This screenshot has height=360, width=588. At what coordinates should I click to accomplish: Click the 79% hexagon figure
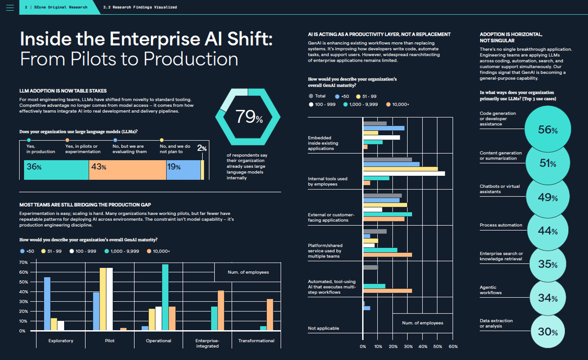(x=248, y=117)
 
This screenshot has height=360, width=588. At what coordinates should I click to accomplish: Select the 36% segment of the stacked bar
(x=56, y=167)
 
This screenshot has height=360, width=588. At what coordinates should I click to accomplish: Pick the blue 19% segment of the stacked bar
(x=183, y=167)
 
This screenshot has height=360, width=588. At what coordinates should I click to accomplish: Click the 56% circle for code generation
(x=547, y=130)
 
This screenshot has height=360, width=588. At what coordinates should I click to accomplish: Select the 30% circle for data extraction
(x=547, y=332)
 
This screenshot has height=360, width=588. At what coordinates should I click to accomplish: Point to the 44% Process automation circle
(x=547, y=231)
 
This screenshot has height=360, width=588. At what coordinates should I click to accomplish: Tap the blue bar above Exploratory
(x=47, y=304)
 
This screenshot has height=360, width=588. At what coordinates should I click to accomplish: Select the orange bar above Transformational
(x=269, y=314)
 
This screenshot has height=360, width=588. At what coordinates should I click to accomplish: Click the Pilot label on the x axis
(x=110, y=341)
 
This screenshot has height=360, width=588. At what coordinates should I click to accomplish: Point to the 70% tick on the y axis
(x=23, y=263)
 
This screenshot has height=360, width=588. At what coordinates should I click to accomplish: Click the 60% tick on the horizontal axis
(x=453, y=347)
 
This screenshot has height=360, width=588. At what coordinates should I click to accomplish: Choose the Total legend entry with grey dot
(x=318, y=96)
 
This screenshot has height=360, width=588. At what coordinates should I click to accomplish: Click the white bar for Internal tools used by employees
(x=404, y=173)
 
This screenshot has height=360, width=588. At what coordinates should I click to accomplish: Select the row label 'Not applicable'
(x=323, y=328)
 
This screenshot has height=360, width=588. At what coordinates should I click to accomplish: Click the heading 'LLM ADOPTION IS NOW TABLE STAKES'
(x=63, y=91)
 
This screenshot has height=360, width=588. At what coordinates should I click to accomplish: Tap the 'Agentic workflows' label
(x=490, y=290)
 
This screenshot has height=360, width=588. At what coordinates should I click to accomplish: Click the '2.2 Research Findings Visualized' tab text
(x=141, y=7)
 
